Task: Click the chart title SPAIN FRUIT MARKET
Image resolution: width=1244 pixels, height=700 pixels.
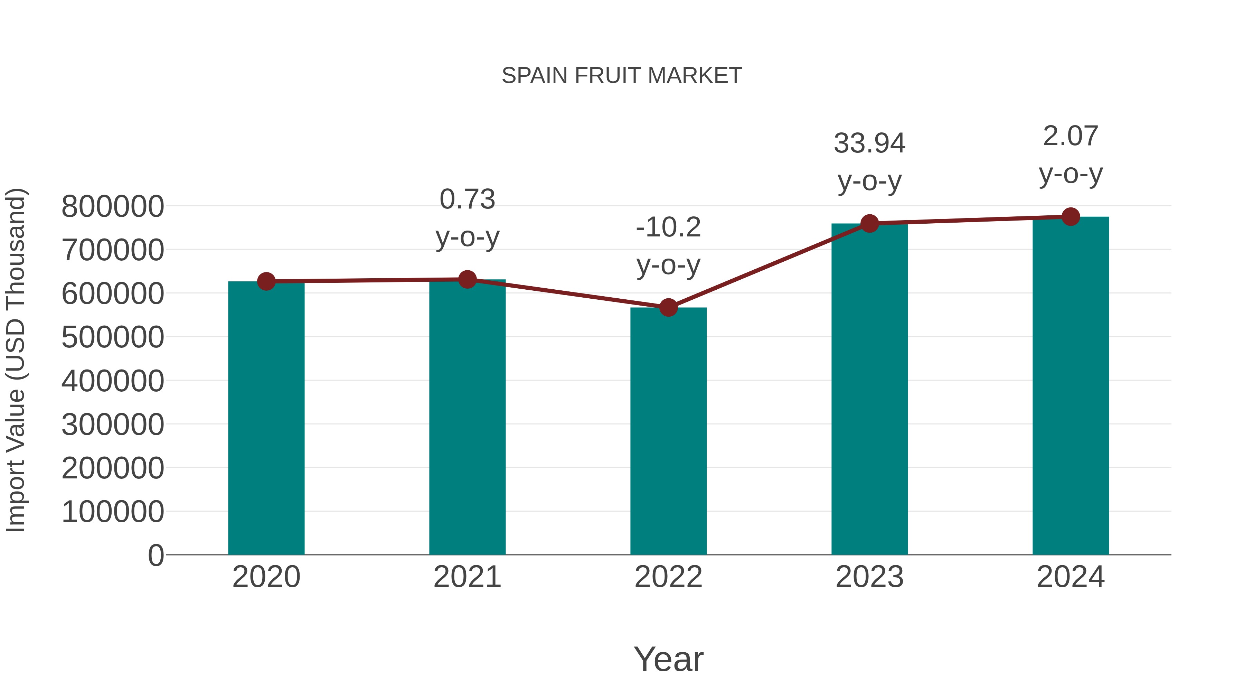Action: click(x=622, y=76)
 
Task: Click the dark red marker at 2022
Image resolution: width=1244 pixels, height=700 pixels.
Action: click(x=668, y=307)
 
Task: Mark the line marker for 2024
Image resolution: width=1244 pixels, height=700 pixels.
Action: click(x=1071, y=217)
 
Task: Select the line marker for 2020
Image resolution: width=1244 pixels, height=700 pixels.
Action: click(x=266, y=281)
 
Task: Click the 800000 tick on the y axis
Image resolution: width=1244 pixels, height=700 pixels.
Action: click(x=113, y=207)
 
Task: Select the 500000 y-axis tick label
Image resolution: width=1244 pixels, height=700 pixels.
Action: click(x=113, y=337)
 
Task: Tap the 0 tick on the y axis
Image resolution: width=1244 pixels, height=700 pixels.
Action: click(x=155, y=555)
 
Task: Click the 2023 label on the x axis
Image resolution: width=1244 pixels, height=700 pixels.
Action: click(x=869, y=577)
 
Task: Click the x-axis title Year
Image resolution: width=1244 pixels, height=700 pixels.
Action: click(x=668, y=659)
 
